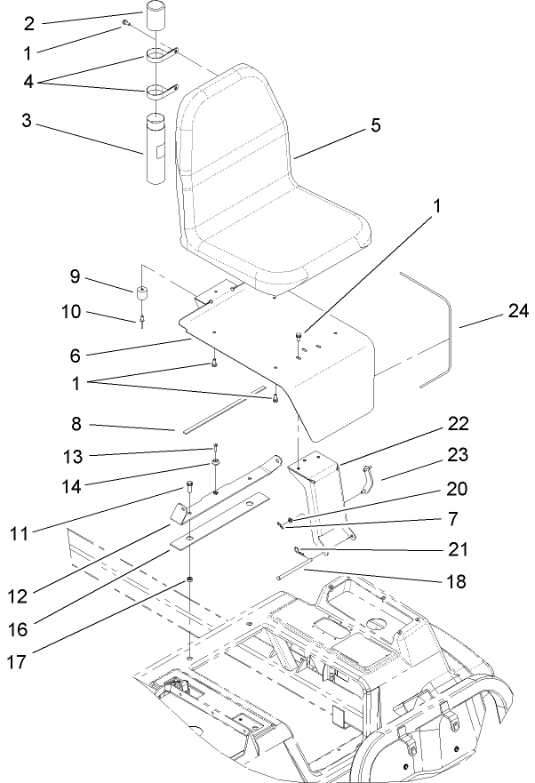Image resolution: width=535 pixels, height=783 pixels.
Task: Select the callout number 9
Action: coord(76,276)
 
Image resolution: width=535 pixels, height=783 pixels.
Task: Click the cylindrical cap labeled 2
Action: coord(156,18)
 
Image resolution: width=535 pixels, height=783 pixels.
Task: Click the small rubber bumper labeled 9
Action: coord(141,293)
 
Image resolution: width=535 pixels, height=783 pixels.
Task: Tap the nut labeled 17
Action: coord(190,581)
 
